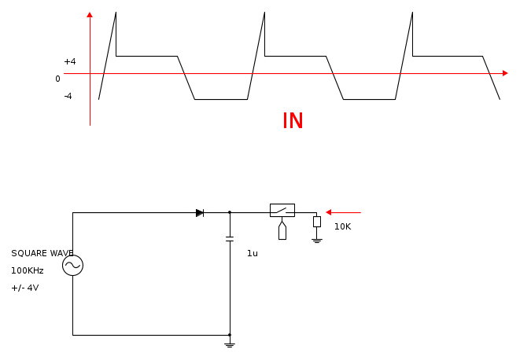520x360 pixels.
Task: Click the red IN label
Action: click(x=293, y=120)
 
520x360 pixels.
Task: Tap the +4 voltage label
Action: click(x=70, y=61)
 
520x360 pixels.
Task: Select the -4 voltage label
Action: click(x=68, y=96)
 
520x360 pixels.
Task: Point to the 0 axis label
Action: click(x=57, y=79)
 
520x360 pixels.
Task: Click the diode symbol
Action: click(x=200, y=213)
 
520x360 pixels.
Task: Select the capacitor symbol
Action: click(x=230, y=239)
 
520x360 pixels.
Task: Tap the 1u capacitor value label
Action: click(x=253, y=254)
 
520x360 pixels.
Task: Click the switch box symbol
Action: click(x=282, y=210)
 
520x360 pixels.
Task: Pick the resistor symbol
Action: click(x=317, y=222)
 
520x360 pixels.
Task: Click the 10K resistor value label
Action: click(x=342, y=226)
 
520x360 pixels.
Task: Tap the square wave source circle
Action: click(x=72, y=265)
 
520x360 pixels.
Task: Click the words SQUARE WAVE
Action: click(x=42, y=254)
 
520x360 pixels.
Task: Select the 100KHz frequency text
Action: click(x=28, y=271)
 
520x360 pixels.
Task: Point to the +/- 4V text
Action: click(x=25, y=288)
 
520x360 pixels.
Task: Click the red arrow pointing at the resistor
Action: click(x=343, y=212)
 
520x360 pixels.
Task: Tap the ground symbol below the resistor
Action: click(x=317, y=241)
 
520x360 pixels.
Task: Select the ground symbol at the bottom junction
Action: click(x=230, y=345)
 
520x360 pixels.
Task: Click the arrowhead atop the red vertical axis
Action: click(x=90, y=15)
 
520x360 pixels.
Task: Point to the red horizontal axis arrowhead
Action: click(x=505, y=73)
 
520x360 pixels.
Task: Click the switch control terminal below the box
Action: click(x=282, y=230)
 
